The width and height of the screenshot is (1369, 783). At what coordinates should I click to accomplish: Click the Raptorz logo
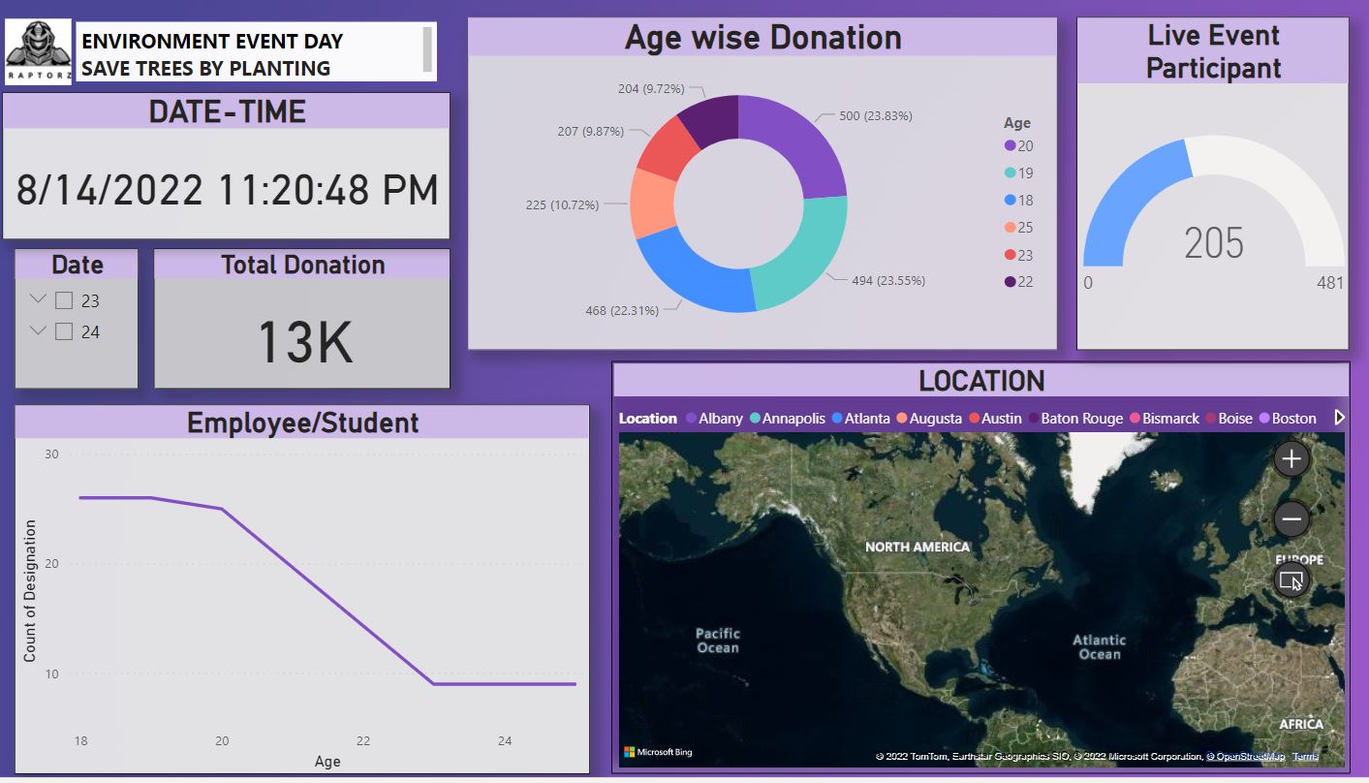[38, 51]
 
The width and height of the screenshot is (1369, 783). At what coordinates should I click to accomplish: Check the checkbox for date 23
[64, 300]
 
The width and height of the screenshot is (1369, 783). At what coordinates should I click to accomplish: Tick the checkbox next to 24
[64, 331]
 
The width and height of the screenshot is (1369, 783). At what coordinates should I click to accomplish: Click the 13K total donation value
[303, 341]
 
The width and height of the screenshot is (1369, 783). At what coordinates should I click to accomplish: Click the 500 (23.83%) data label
[875, 115]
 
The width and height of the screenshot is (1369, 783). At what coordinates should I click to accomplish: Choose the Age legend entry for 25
[1018, 228]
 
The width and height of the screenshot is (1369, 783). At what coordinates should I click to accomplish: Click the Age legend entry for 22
[1018, 282]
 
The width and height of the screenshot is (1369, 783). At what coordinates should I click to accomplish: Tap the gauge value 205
[1213, 242]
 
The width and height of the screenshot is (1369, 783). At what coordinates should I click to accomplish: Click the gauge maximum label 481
[1330, 283]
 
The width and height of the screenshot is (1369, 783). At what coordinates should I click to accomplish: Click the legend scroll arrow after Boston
[1340, 418]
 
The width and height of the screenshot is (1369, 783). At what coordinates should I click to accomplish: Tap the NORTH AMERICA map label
[917, 547]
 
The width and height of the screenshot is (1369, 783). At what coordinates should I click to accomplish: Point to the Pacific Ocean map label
[718, 641]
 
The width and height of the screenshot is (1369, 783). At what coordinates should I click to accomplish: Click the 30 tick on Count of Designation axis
[51, 454]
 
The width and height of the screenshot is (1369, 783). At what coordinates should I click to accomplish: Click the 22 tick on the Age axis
[363, 740]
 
